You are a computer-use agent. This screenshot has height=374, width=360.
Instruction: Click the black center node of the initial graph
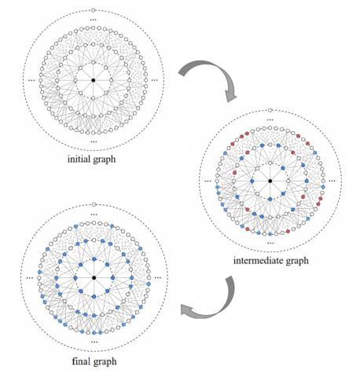(x=94, y=80)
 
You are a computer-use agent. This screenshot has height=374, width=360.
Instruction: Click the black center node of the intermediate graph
(x=270, y=181)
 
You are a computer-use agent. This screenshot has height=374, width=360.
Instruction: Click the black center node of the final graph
(x=94, y=277)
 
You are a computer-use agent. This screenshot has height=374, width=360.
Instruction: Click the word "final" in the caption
(x=79, y=361)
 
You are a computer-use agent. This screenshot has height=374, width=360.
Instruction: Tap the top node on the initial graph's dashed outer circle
(x=94, y=10)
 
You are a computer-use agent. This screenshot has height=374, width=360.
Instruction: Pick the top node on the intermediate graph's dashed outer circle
(x=270, y=110)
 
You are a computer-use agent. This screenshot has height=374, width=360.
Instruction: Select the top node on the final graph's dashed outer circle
(x=94, y=204)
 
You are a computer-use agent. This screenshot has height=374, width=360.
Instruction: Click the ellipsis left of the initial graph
(x=31, y=80)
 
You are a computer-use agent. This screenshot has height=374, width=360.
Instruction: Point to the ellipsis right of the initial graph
(x=155, y=80)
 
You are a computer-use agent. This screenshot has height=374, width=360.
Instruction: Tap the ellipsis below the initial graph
(x=94, y=141)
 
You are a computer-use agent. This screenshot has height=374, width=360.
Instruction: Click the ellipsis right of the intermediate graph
(x=332, y=181)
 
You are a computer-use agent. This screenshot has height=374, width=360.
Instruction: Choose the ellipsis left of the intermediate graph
(x=208, y=181)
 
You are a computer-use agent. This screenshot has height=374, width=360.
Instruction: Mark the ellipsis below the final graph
(x=94, y=342)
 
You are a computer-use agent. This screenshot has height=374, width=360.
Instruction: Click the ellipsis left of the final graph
(x=31, y=278)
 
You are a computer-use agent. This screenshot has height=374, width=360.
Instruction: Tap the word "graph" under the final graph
(x=103, y=362)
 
